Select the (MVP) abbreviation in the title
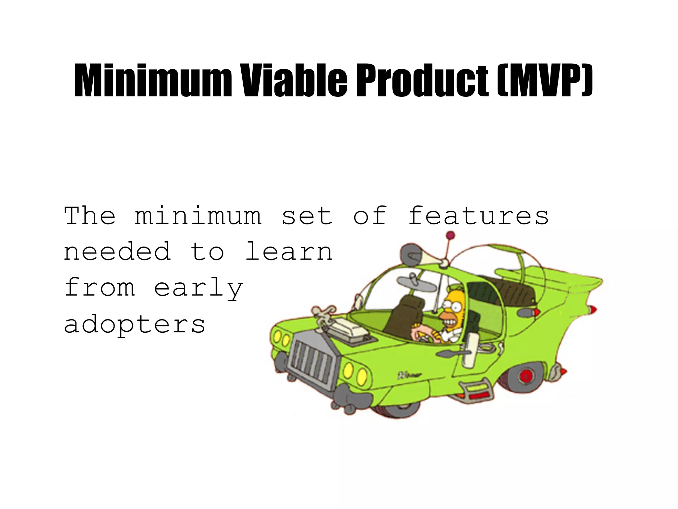545,81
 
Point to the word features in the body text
478,216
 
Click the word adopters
135,325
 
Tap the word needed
118,251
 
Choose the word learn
289,251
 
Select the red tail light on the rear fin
593,310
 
